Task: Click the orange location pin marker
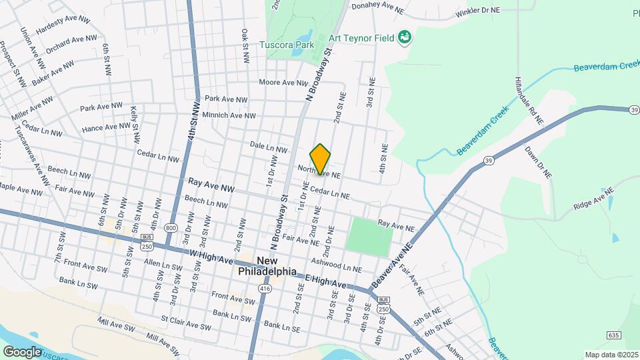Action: pyautogui.click(x=321, y=159)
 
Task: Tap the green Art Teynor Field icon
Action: pyautogui.click(x=404, y=37)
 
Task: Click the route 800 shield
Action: pyautogui.click(x=172, y=227)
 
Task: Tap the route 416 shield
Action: pyautogui.click(x=265, y=289)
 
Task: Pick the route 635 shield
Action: pyautogui.click(x=614, y=334)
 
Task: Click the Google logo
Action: pyautogui.click(x=23, y=351)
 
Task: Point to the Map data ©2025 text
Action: pyautogui.click(x=611, y=355)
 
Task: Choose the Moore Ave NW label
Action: pyautogui.click(x=283, y=83)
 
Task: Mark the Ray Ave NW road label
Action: pyautogui.click(x=211, y=181)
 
